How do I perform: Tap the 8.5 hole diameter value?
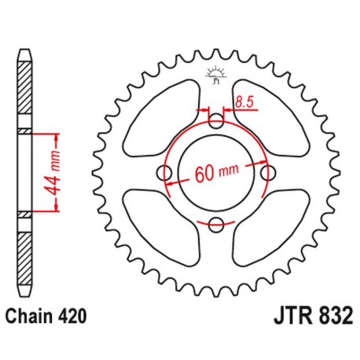point(243,101)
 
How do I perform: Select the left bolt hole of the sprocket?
point(165,173)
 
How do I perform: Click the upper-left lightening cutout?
point(163,118)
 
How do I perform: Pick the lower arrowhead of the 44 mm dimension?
point(56,208)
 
